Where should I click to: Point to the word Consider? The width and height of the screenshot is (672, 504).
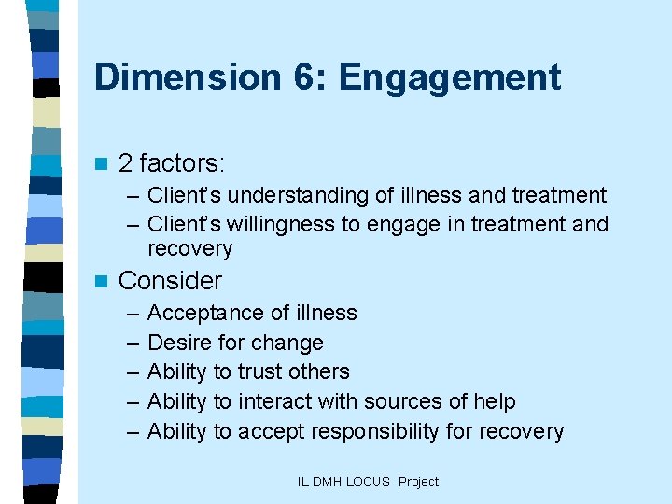pos(170,280)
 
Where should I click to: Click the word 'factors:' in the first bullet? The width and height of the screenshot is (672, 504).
pos(184,163)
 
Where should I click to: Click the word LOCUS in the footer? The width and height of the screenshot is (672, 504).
pos(368,482)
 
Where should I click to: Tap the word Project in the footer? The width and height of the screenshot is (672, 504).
pos(418,482)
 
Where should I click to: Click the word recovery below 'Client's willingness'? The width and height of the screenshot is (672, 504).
pos(189,248)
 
